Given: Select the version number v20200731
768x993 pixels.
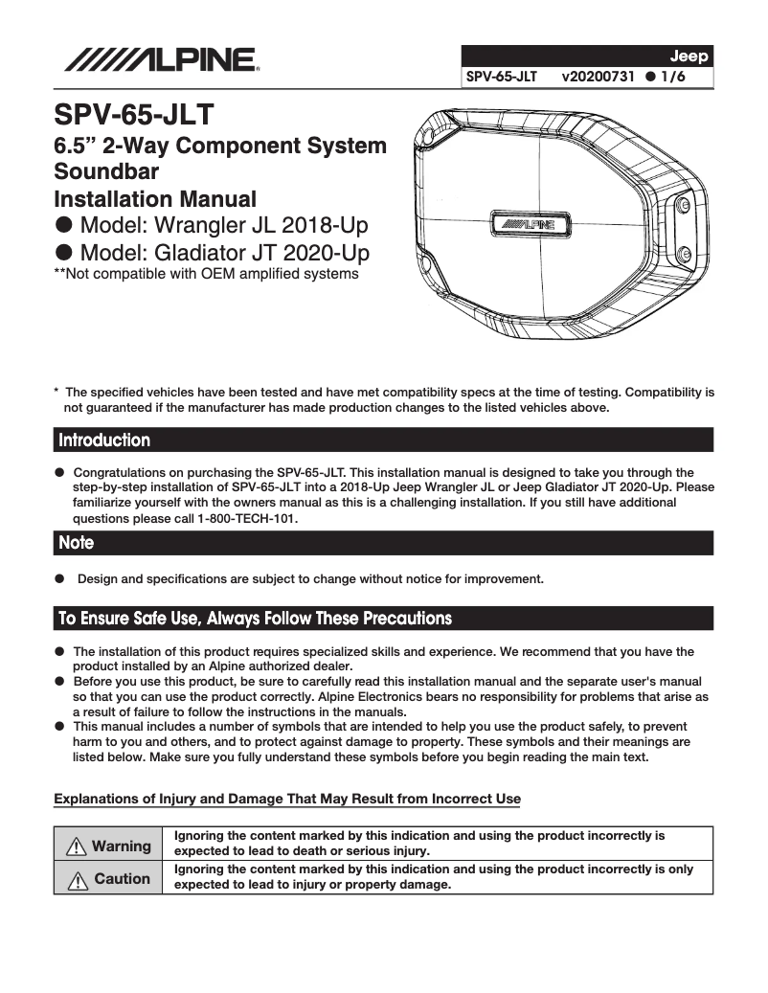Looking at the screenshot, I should (x=599, y=75).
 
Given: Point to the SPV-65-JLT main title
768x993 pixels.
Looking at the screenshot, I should (x=133, y=117).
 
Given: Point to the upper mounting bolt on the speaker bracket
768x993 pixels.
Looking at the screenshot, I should (x=682, y=206).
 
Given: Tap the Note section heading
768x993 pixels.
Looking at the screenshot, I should (x=77, y=543).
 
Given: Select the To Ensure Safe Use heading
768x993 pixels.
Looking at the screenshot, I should (x=255, y=618).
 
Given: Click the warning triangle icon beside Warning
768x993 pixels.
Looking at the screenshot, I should (x=77, y=846).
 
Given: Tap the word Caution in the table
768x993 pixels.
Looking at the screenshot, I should (x=122, y=878).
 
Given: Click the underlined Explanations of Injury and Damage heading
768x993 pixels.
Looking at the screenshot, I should (x=287, y=799).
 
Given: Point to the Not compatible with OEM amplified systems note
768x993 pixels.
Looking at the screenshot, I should (x=206, y=274).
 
